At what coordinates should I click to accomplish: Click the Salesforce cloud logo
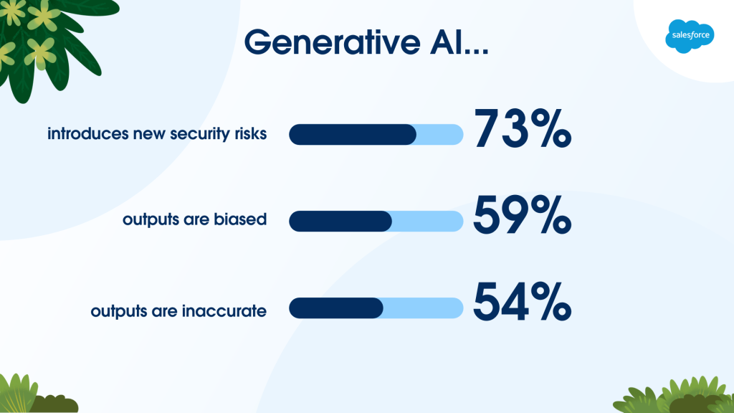(x=690, y=36)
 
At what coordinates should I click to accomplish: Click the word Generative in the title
(x=333, y=42)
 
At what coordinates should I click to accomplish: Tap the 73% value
(x=523, y=128)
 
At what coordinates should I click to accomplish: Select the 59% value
(x=523, y=215)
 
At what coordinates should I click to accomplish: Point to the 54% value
(x=523, y=302)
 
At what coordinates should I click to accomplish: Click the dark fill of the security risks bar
(x=353, y=134)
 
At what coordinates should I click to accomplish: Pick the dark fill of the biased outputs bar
(x=340, y=221)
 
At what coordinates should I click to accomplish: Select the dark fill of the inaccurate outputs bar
(x=336, y=308)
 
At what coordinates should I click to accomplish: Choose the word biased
(x=240, y=219)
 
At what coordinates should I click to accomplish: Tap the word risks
(x=251, y=133)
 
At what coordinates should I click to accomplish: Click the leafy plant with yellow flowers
(x=47, y=42)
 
